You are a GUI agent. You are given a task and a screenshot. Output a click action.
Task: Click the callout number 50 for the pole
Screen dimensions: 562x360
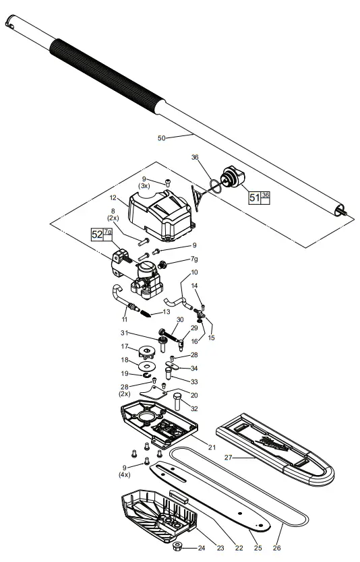click(161, 138)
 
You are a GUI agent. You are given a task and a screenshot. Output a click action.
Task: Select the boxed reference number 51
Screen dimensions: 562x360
click(255, 198)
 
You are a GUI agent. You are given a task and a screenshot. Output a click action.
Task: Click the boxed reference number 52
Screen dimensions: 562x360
click(97, 235)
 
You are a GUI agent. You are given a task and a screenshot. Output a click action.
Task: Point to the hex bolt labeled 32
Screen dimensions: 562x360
click(178, 404)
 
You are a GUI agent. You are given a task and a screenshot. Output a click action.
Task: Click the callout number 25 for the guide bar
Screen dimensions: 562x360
click(258, 548)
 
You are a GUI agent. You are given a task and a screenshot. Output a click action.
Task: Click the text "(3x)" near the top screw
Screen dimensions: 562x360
click(144, 185)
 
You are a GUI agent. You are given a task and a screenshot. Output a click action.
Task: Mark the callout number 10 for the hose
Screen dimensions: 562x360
click(194, 273)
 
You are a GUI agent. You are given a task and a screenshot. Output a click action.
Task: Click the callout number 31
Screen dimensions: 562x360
click(124, 332)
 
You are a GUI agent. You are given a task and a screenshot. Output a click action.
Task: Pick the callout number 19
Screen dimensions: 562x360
click(125, 373)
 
